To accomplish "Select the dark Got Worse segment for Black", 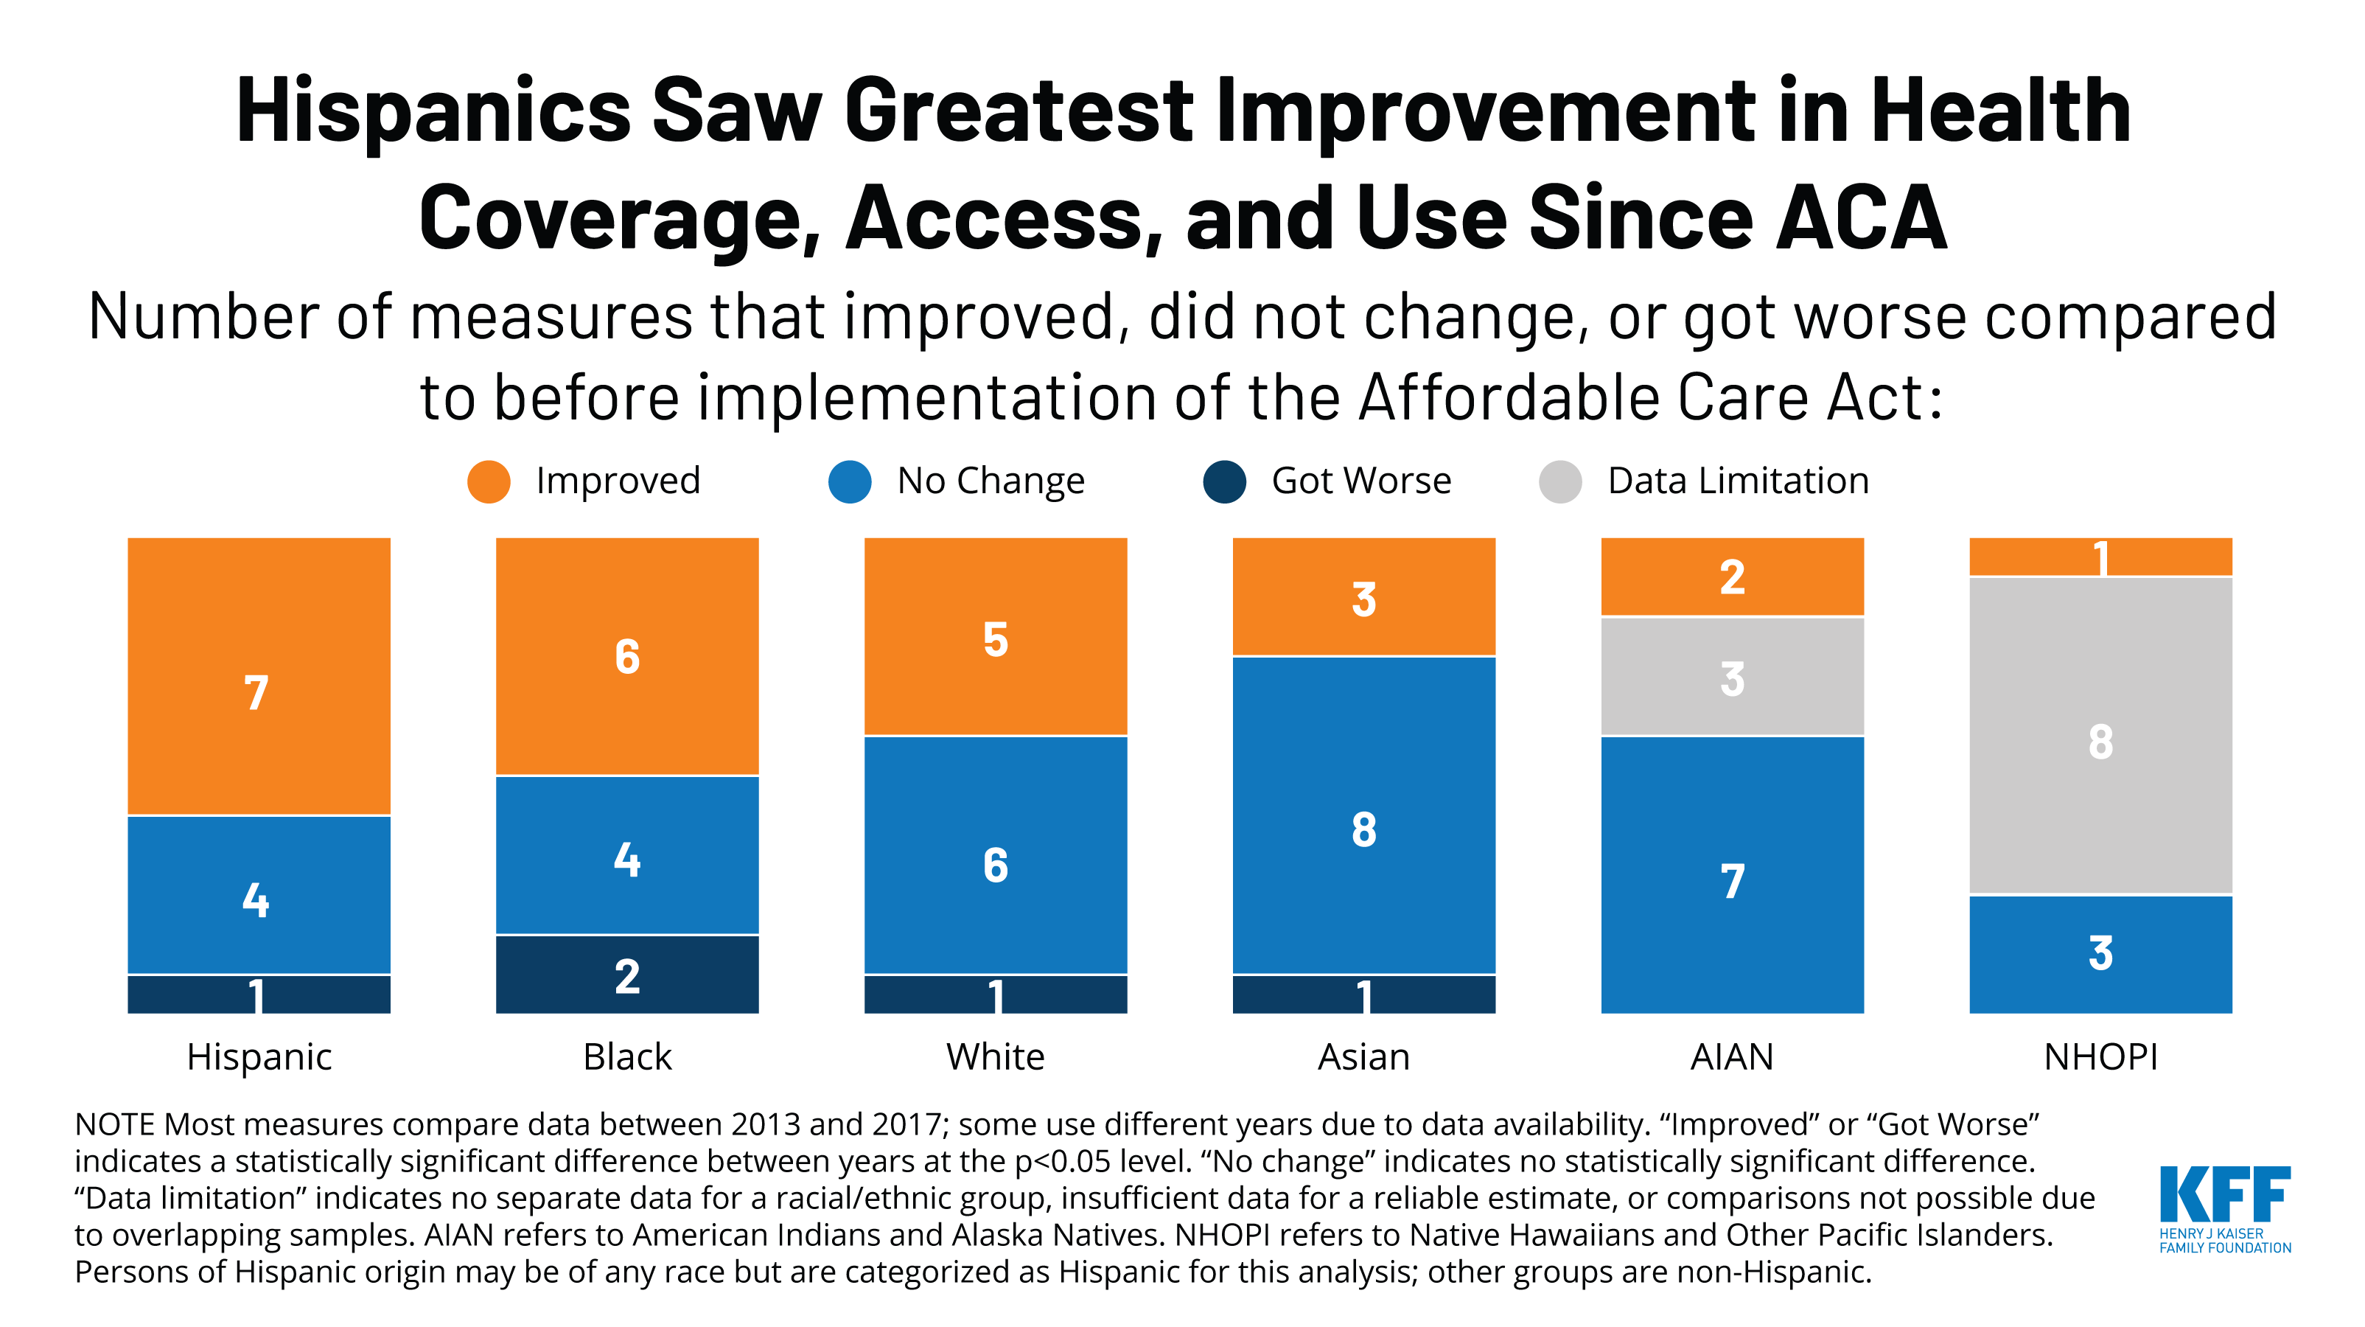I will coord(627,975).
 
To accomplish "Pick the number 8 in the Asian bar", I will coord(1363,829).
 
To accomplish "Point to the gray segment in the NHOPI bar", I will coord(2100,735).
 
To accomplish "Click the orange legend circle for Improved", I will coord(489,481).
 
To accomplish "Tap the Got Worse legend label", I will coord(1360,481).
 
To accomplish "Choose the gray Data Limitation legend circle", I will coord(1559,481).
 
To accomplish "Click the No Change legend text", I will coord(991,481).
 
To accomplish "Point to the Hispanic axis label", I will coord(259,1057).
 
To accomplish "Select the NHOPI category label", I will coord(2100,1057).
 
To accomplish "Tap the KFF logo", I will coord(2223,1208).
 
